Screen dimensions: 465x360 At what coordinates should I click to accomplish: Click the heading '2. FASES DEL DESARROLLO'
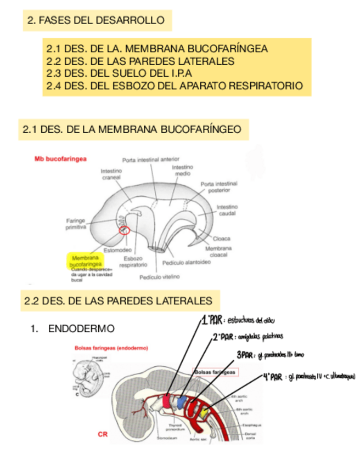point(96,21)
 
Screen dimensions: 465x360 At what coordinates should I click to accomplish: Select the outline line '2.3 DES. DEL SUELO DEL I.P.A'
point(119,73)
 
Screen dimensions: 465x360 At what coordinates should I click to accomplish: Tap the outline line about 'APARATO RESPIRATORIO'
point(175,86)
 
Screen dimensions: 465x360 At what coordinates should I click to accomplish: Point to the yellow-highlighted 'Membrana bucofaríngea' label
point(85,260)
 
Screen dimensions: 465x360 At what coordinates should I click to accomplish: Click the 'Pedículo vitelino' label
point(159,277)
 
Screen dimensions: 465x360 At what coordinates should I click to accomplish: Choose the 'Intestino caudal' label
point(226,211)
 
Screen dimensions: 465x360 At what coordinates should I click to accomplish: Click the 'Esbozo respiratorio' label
point(133,261)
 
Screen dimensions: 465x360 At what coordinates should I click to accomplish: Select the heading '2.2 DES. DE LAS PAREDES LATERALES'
point(118,301)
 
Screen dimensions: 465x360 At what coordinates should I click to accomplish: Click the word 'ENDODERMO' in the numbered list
point(81,329)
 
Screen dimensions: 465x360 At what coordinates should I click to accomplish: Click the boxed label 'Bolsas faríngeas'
point(215,372)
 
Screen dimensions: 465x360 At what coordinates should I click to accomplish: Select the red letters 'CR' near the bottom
point(103,434)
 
